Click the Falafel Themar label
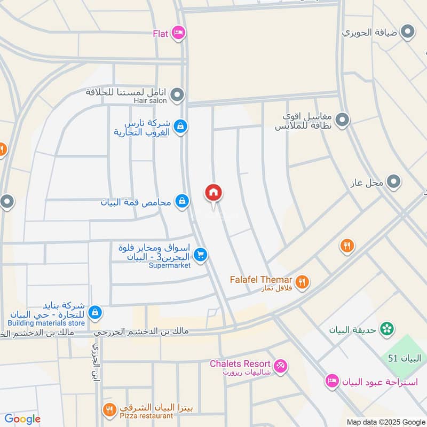click(x=261, y=280)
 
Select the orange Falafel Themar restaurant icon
click(x=302, y=282)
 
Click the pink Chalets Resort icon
click(x=280, y=367)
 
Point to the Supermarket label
click(x=169, y=265)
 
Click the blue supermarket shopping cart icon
click(x=200, y=255)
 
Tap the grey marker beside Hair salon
click(x=178, y=96)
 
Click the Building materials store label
click(x=46, y=323)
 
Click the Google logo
click(x=22, y=419)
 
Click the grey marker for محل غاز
click(x=394, y=183)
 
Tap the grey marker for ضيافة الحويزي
click(x=408, y=33)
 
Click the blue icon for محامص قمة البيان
click(x=182, y=202)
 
